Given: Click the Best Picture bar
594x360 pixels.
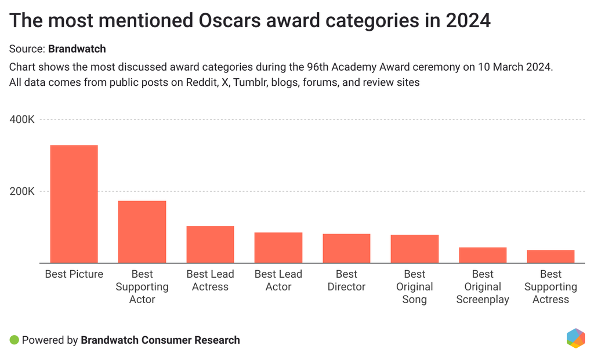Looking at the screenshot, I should point(74,204).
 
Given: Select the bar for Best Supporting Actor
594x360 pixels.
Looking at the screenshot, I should point(142,232).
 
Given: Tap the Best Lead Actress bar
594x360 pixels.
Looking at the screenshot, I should point(210,245).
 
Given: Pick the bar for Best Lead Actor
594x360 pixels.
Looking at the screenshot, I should point(278,248).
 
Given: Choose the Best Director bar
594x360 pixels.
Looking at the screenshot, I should point(346,248).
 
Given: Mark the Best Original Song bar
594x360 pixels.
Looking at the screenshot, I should point(415,249).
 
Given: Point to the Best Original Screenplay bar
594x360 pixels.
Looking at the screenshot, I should point(483,255).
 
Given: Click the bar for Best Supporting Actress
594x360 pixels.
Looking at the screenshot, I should point(550,256).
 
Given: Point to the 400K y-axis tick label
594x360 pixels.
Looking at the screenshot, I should point(22,119).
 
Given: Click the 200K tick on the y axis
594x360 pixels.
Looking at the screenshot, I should point(22,191).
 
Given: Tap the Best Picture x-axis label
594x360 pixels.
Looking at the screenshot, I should point(74,274).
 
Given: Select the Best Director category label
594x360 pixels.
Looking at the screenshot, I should point(346,281).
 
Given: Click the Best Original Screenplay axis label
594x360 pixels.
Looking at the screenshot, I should point(483,287).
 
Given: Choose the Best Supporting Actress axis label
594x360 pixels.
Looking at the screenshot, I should point(550,287).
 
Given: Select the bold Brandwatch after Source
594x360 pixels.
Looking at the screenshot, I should point(77,49).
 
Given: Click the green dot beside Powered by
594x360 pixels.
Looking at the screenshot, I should point(15,340).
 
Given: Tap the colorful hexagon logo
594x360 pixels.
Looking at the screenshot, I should point(575,338).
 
